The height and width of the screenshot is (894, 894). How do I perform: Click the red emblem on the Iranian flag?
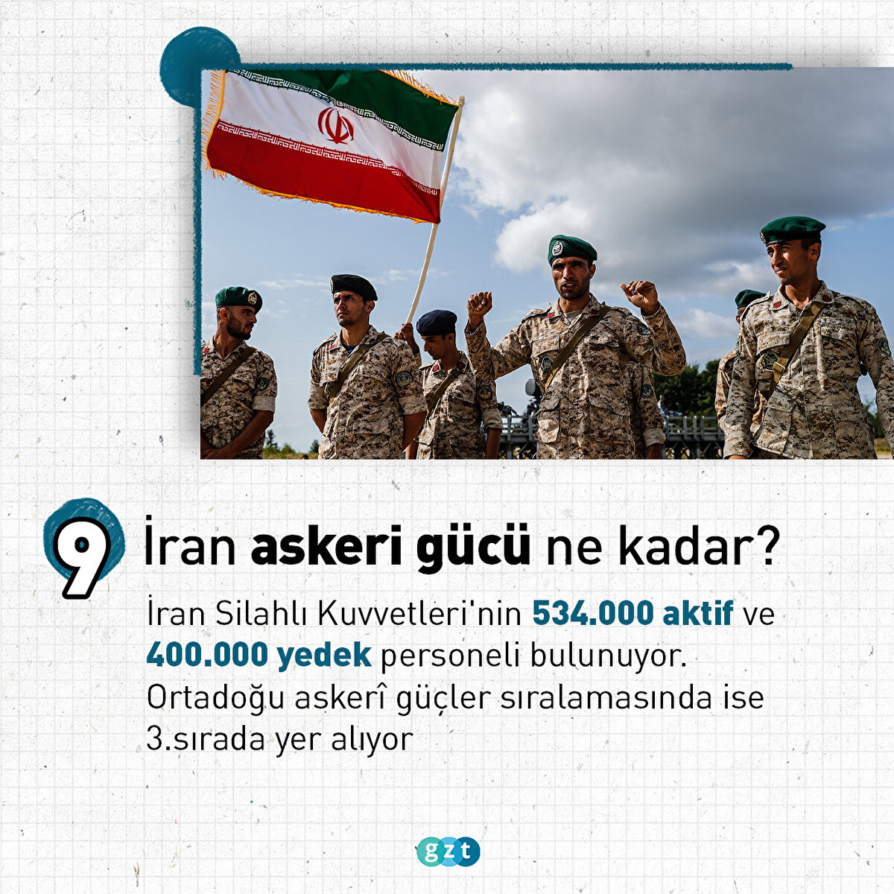coord(335,125)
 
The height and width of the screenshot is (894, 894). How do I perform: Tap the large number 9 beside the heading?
coord(82,557)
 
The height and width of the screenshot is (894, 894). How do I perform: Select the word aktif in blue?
coord(698,614)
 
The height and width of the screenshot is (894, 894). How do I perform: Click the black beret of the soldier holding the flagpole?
coord(354,286)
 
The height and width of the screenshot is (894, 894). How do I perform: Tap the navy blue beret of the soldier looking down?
coord(436,323)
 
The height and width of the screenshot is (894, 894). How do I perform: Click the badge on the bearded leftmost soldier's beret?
coord(253,298)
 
